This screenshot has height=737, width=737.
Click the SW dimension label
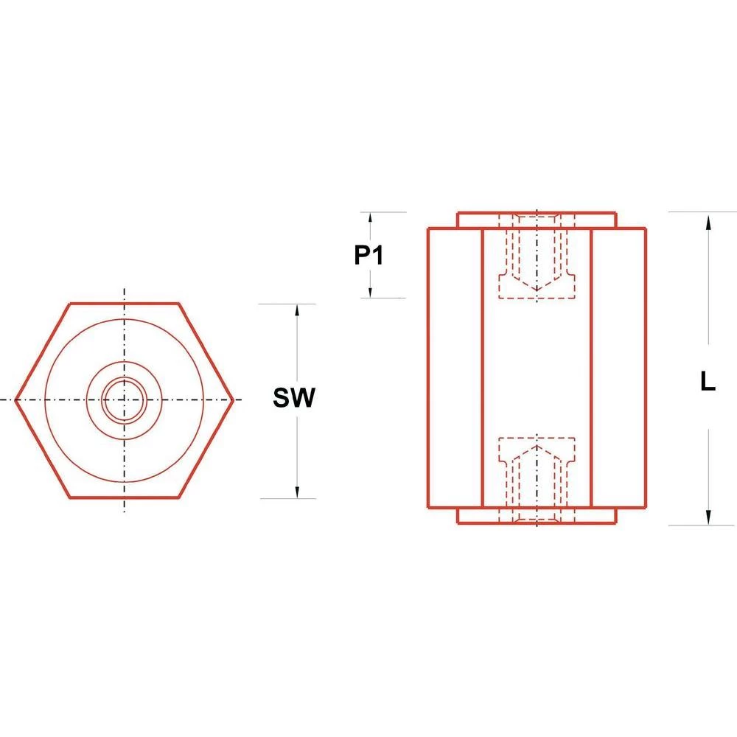point(294,399)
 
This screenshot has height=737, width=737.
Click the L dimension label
point(708,383)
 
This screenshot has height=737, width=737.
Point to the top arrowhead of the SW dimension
point(297,312)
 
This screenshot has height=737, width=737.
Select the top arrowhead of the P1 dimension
point(370,219)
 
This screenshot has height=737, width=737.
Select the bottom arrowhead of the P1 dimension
point(370,291)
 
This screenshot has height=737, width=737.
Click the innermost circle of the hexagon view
point(124,400)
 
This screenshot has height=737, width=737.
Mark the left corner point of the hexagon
point(16,400)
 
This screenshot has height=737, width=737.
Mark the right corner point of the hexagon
point(233,400)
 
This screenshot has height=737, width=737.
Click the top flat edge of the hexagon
point(124,303)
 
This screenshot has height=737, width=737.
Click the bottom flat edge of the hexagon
point(124,498)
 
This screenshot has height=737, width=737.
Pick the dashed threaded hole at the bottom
point(537,479)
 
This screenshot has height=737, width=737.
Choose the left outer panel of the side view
point(455,368)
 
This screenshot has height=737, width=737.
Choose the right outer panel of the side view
point(619,368)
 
